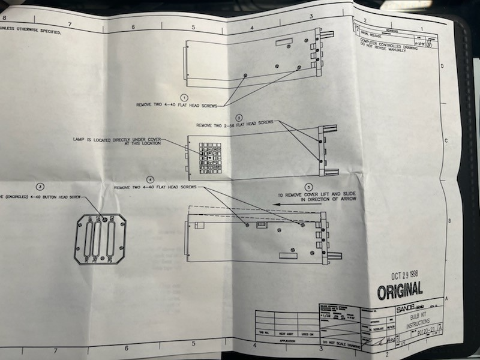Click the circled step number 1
(x=184, y=97)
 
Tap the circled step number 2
(x=239, y=118)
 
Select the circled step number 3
(x=40, y=187)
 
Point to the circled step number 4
(x=150, y=179)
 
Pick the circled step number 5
(x=308, y=187)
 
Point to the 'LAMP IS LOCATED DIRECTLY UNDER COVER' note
(x=116, y=142)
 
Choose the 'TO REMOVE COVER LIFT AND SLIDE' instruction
(x=316, y=197)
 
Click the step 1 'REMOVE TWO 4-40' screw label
(x=176, y=104)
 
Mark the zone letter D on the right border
(x=442, y=67)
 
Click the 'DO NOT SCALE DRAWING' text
(x=340, y=343)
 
